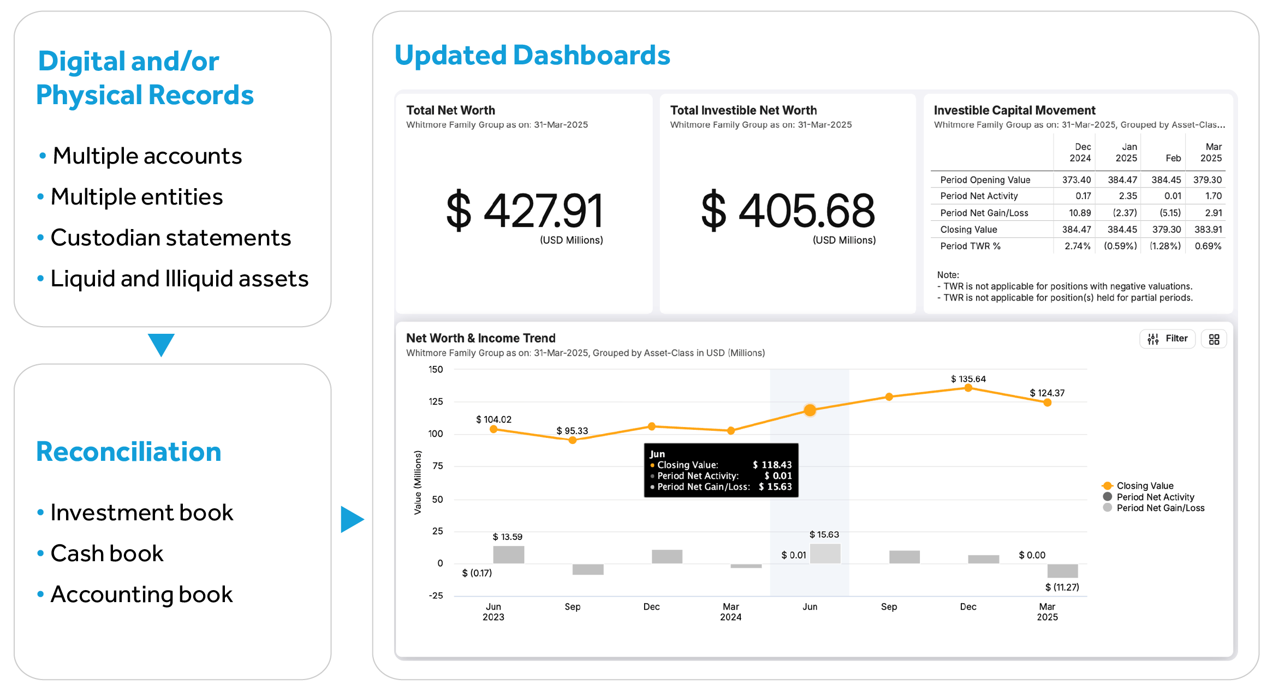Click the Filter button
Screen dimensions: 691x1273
click(x=1167, y=339)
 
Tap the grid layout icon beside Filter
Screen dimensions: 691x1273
click(x=1213, y=339)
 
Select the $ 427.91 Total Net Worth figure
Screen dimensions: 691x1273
click(x=524, y=211)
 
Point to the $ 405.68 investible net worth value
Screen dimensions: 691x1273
click(x=788, y=211)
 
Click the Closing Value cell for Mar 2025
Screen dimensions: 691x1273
click(x=1207, y=230)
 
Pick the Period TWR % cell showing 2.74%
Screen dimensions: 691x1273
click(x=1077, y=246)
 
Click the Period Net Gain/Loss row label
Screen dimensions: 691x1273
click(x=984, y=213)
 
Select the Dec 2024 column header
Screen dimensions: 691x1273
click(x=1080, y=153)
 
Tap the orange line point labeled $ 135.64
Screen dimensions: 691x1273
click(x=968, y=388)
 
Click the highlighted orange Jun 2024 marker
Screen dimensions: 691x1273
click(x=810, y=410)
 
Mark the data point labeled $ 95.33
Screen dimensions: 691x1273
click(x=573, y=440)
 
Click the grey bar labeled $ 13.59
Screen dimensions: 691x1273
click(x=508, y=554)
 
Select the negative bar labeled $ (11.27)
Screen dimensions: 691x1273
click(x=1062, y=570)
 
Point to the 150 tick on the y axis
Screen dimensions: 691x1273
click(x=436, y=370)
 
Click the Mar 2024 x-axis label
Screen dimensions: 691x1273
click(x=730, y=611)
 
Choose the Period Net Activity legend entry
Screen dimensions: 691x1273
click(x=1155, y=497)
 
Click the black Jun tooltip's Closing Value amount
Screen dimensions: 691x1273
click(x=772, y=465)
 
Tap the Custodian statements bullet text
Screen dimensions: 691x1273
click(x=170, y=238)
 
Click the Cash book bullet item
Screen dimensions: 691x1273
click(x=107, y=554)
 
